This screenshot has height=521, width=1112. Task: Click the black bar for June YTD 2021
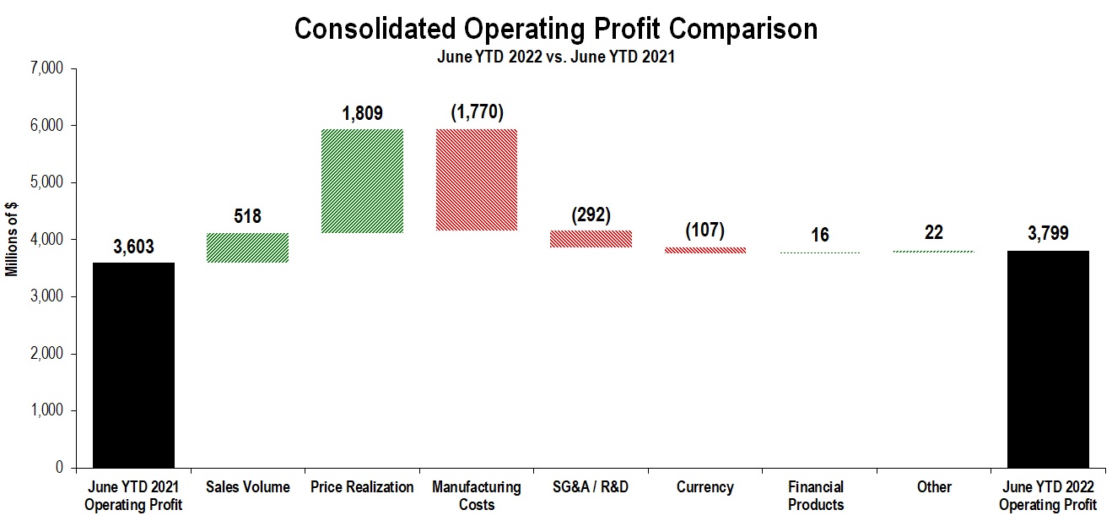tap(133, 365)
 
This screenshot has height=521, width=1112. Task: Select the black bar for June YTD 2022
tap(1047, 359)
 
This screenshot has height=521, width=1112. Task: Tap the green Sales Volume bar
tap(248, 247)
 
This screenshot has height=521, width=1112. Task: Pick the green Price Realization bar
tap(362, 181)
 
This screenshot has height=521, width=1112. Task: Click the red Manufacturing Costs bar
tap(476, 180)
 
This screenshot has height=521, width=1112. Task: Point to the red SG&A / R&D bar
tap(591, 239)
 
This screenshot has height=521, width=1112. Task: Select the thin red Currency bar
tap(704, 250)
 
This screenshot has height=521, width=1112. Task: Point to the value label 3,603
tap(133, 248)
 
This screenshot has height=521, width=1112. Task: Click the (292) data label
tap(591, 214)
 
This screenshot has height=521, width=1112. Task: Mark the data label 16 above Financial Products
tap(819, 236)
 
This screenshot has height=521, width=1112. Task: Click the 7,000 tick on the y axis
tap(46, 68)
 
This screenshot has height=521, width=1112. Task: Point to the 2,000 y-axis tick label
tap(46, 354)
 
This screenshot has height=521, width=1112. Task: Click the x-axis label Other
tap(933, 487)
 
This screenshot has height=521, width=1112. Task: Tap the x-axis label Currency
tap(704, 487)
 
